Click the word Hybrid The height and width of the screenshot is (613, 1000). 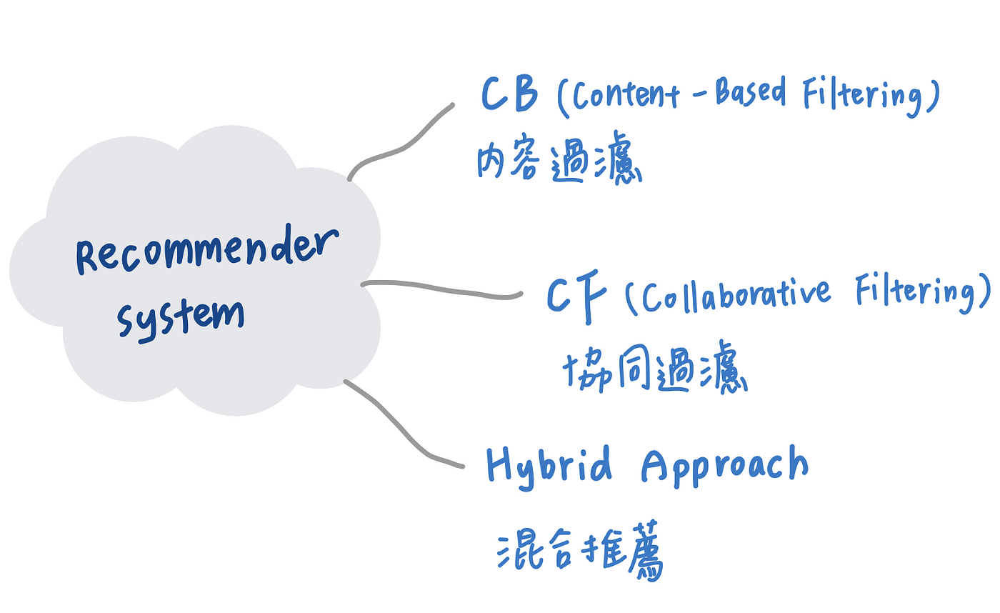(549, 465)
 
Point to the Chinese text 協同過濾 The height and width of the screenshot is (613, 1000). (654, 371)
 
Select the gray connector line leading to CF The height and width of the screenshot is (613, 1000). (443, 289)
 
